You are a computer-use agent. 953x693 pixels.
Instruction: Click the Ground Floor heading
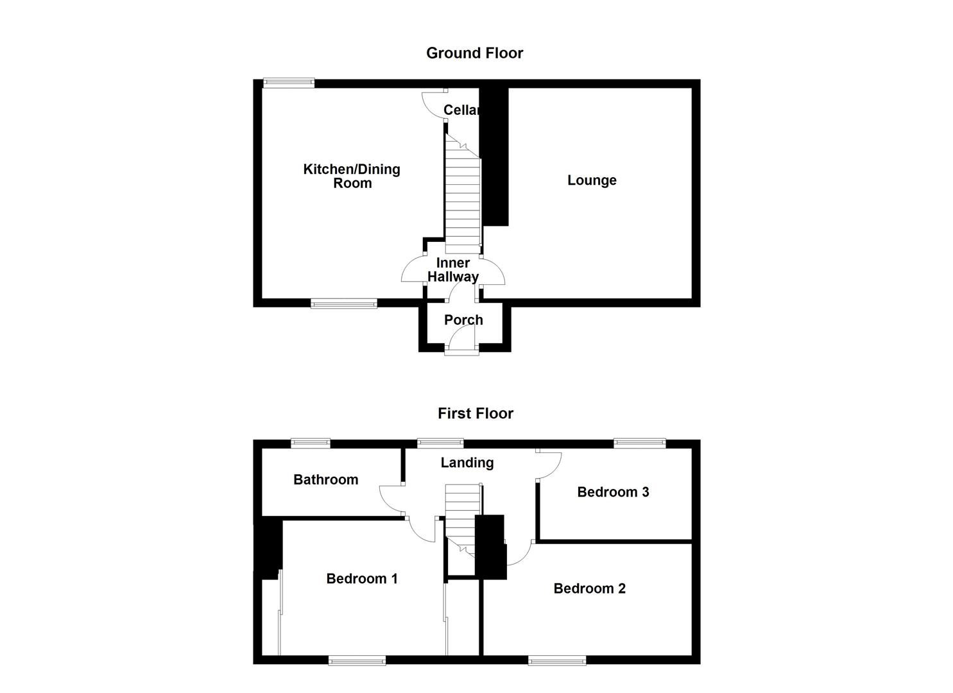coord(474,53)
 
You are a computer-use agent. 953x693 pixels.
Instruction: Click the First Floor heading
coord(476,414)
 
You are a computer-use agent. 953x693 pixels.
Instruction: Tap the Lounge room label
coord(592,180)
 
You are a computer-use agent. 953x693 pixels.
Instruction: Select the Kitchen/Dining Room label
coord(352,176)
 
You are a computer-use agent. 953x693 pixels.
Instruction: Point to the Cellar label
coord(461,110)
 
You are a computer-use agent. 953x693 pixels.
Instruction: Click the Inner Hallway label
coord(453,270)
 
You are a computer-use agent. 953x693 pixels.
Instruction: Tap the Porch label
coord(463,320)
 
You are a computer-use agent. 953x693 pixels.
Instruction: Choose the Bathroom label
coord(325,480)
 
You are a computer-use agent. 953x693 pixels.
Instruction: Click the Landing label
coord(467,463)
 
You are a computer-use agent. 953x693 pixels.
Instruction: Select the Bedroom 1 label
coord(362,579)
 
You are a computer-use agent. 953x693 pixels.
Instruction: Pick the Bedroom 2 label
coord(589,588)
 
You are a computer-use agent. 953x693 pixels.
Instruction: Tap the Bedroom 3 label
coord(613,492)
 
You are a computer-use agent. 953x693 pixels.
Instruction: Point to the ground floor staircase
coord(463,199)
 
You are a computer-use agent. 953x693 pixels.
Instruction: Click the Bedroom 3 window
coord(639,442)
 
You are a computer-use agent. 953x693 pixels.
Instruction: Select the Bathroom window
coord(311,442)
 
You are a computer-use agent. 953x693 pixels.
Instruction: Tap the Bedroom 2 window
coord(557,660)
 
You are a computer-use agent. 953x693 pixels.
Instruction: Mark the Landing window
coord(440,442)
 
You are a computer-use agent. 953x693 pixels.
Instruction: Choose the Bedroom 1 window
coord(357,660)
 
